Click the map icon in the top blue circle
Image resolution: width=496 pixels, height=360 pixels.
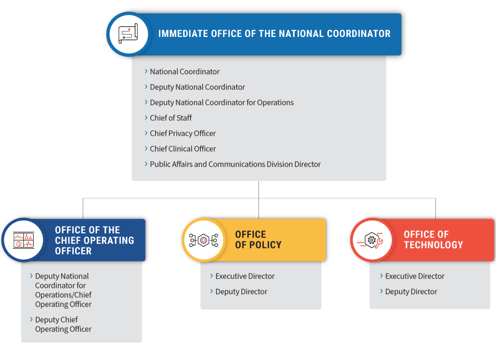click(128, 34)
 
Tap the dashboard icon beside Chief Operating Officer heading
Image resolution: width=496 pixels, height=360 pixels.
click(23, 240)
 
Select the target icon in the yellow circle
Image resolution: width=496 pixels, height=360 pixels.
click(204, 240)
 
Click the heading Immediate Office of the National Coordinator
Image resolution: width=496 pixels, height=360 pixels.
click(274, 34)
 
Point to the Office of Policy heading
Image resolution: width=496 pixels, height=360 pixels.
click(258, 240)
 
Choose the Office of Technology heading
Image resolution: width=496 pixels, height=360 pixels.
click(433, 240)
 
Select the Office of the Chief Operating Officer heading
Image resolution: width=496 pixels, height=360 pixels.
click(94, 240)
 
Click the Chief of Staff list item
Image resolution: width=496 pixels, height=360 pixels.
click(171, 118)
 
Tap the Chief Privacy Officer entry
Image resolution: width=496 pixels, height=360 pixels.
click(183, 133)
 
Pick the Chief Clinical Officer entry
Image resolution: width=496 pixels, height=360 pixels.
click(183, 149)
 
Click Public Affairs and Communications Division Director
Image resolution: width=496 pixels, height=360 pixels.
click(235, 164)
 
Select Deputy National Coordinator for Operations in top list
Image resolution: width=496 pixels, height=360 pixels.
click(222, 103)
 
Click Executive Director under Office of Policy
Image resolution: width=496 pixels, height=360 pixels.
click(245, 277)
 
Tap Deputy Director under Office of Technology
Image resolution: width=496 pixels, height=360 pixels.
click(411, 292)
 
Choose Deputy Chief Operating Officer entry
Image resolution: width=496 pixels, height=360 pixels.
click(63, 325)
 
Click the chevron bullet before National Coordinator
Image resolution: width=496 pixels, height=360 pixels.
click(146, 72)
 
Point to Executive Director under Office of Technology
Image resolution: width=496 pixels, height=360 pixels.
click(414, 277)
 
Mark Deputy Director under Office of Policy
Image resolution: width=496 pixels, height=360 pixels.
click(241, 292)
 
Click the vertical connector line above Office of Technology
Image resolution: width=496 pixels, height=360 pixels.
click(435, 208)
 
